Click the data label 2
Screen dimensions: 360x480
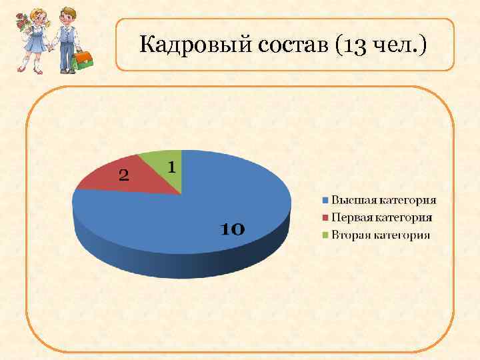[x=124, y=175]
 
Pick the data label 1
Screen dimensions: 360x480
[x=171, y=167]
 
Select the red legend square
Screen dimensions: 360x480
[x=326, y=217]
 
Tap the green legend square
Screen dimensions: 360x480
[x=326, y=235]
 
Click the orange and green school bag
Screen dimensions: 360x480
[x=83, y=60]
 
